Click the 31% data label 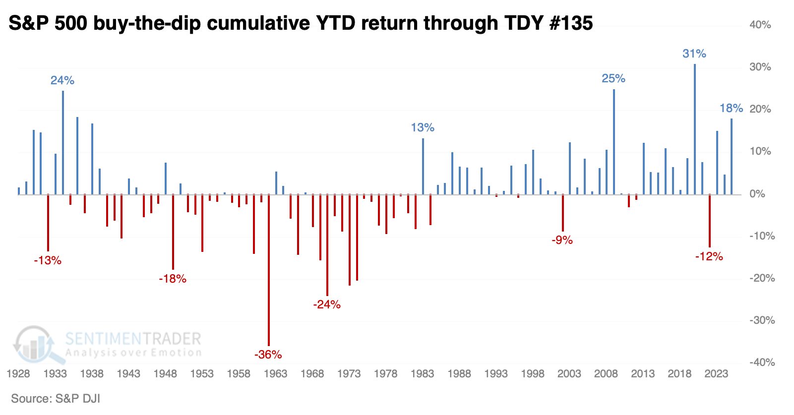tap(694, 54)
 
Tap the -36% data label tap(268, 355)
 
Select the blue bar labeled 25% tap(614, 142)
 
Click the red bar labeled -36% tap(269, 270)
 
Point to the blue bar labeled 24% tap(63, 143)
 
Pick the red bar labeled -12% tap(710, 221)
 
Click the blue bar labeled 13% tap(423, 166)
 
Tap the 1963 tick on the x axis tap(275, 374)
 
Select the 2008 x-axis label tap(606, 374)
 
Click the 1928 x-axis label tap(18, 374)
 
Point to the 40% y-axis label tap(760, 25)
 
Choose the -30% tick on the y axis tap(762, 320)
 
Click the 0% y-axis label tap(757, 194)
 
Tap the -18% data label tap(173, 279)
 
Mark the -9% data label tap(562, 240)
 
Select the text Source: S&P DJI tap(56, 399)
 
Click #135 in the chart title tap(571, 23)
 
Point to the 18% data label tap(731, 108)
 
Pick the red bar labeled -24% tap(327, 245)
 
